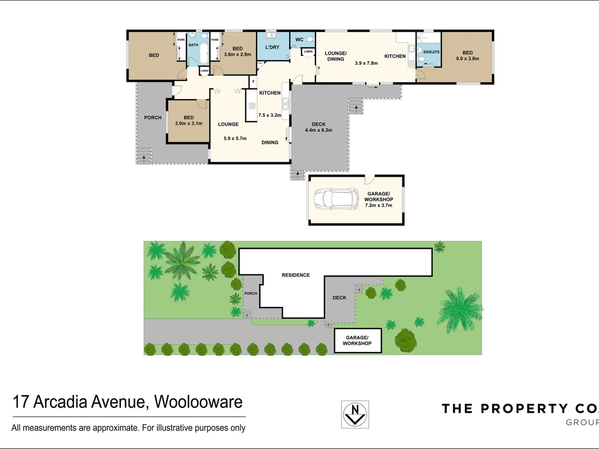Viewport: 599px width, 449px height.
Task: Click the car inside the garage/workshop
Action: click(336, 199)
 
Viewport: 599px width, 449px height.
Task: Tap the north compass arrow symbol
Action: click(355, 414)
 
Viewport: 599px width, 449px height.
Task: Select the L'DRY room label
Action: click(272, 47)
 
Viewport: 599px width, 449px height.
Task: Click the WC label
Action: click(299, 40)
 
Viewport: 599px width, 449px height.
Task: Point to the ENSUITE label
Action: click(431, 52)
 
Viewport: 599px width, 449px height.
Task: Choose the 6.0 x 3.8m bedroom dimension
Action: click(468, 59)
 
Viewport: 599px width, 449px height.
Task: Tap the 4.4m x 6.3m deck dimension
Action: click(319, 130)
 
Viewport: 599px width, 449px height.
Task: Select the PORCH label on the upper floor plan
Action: click(153, 118)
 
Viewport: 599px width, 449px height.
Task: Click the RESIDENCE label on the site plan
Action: click(296, 275)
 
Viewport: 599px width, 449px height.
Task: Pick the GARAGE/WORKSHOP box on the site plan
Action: click(357, 340)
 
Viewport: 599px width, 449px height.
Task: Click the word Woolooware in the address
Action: click(198, 402)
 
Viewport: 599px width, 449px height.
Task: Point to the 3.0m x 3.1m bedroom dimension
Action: click(188, 123)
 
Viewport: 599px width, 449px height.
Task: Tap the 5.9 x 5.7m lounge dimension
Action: click(235, 138)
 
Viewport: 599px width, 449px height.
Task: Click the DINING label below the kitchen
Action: click(270, 143)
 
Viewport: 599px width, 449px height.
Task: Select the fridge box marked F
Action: click(253, 81)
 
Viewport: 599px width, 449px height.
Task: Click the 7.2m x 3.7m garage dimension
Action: click(379, 205)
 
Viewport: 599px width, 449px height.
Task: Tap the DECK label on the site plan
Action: click(339, 298)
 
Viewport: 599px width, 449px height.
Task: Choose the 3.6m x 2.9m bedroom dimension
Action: click(238, 54)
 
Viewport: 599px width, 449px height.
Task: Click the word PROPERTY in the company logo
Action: click(524, 409)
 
